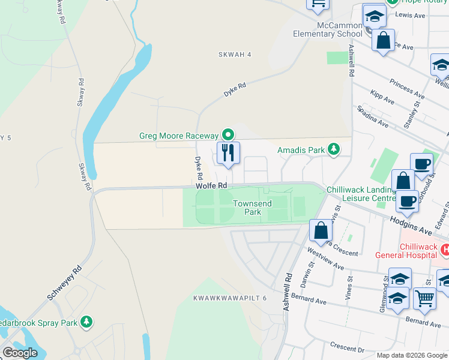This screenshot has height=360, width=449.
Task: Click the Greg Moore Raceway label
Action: pos(179,136)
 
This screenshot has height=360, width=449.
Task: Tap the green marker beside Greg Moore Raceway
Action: pos(228,134)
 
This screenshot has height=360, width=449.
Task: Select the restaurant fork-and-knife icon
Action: pos(228,153)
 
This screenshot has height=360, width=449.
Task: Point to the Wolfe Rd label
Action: pos(211,187)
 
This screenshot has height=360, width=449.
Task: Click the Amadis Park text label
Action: pos(303,149)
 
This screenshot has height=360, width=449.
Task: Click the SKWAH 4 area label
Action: pos(235,55)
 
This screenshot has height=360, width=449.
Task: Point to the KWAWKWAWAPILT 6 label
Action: pos(230,298)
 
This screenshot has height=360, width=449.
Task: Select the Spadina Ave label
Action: pos(373,118)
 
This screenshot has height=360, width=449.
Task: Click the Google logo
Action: pos(20,353)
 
